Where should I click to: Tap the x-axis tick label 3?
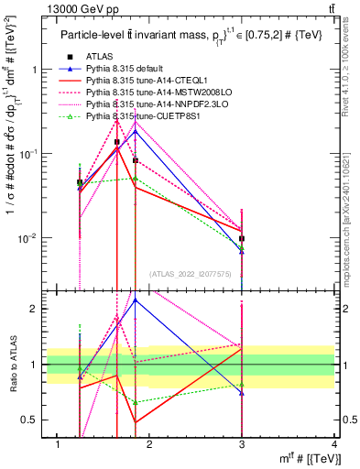[x=242, y=444]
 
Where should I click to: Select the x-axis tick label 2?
[x=150, y=444]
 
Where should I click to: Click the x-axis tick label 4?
[x=333, y=444]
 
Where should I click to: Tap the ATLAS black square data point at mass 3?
[x=242, y=238]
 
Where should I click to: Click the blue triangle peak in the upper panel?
[x=136, y=131]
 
